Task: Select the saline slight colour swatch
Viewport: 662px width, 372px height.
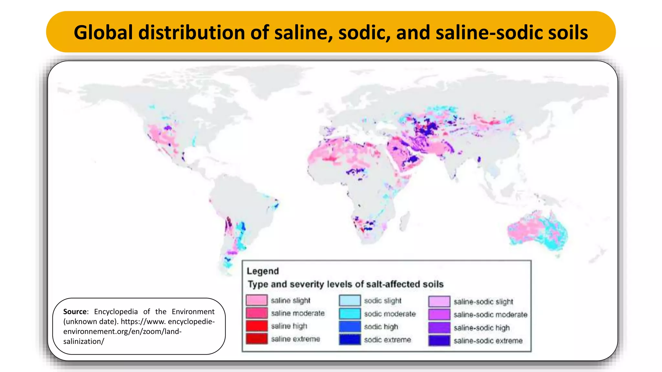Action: [x=256, y=300]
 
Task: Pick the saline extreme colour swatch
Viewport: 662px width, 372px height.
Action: [x=256, y=339]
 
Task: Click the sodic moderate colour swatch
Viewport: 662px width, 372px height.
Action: [x=350, y=314]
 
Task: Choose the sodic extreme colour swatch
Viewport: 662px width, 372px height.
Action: [x=350, y=340]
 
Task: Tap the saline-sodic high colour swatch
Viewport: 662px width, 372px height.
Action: [x=439, y=328]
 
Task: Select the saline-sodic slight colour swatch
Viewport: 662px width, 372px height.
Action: [x=439, y=302]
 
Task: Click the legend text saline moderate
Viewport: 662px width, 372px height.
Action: [x=298, y=313]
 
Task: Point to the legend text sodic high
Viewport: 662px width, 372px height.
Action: [x=381, y=327]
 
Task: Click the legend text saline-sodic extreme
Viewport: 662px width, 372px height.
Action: [x=488, y=341]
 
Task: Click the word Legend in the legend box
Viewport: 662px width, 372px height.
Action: [x=262, y=271]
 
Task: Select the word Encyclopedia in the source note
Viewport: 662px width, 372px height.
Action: [x=116, y=312]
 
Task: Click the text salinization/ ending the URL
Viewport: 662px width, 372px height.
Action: [x=84, y=341]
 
